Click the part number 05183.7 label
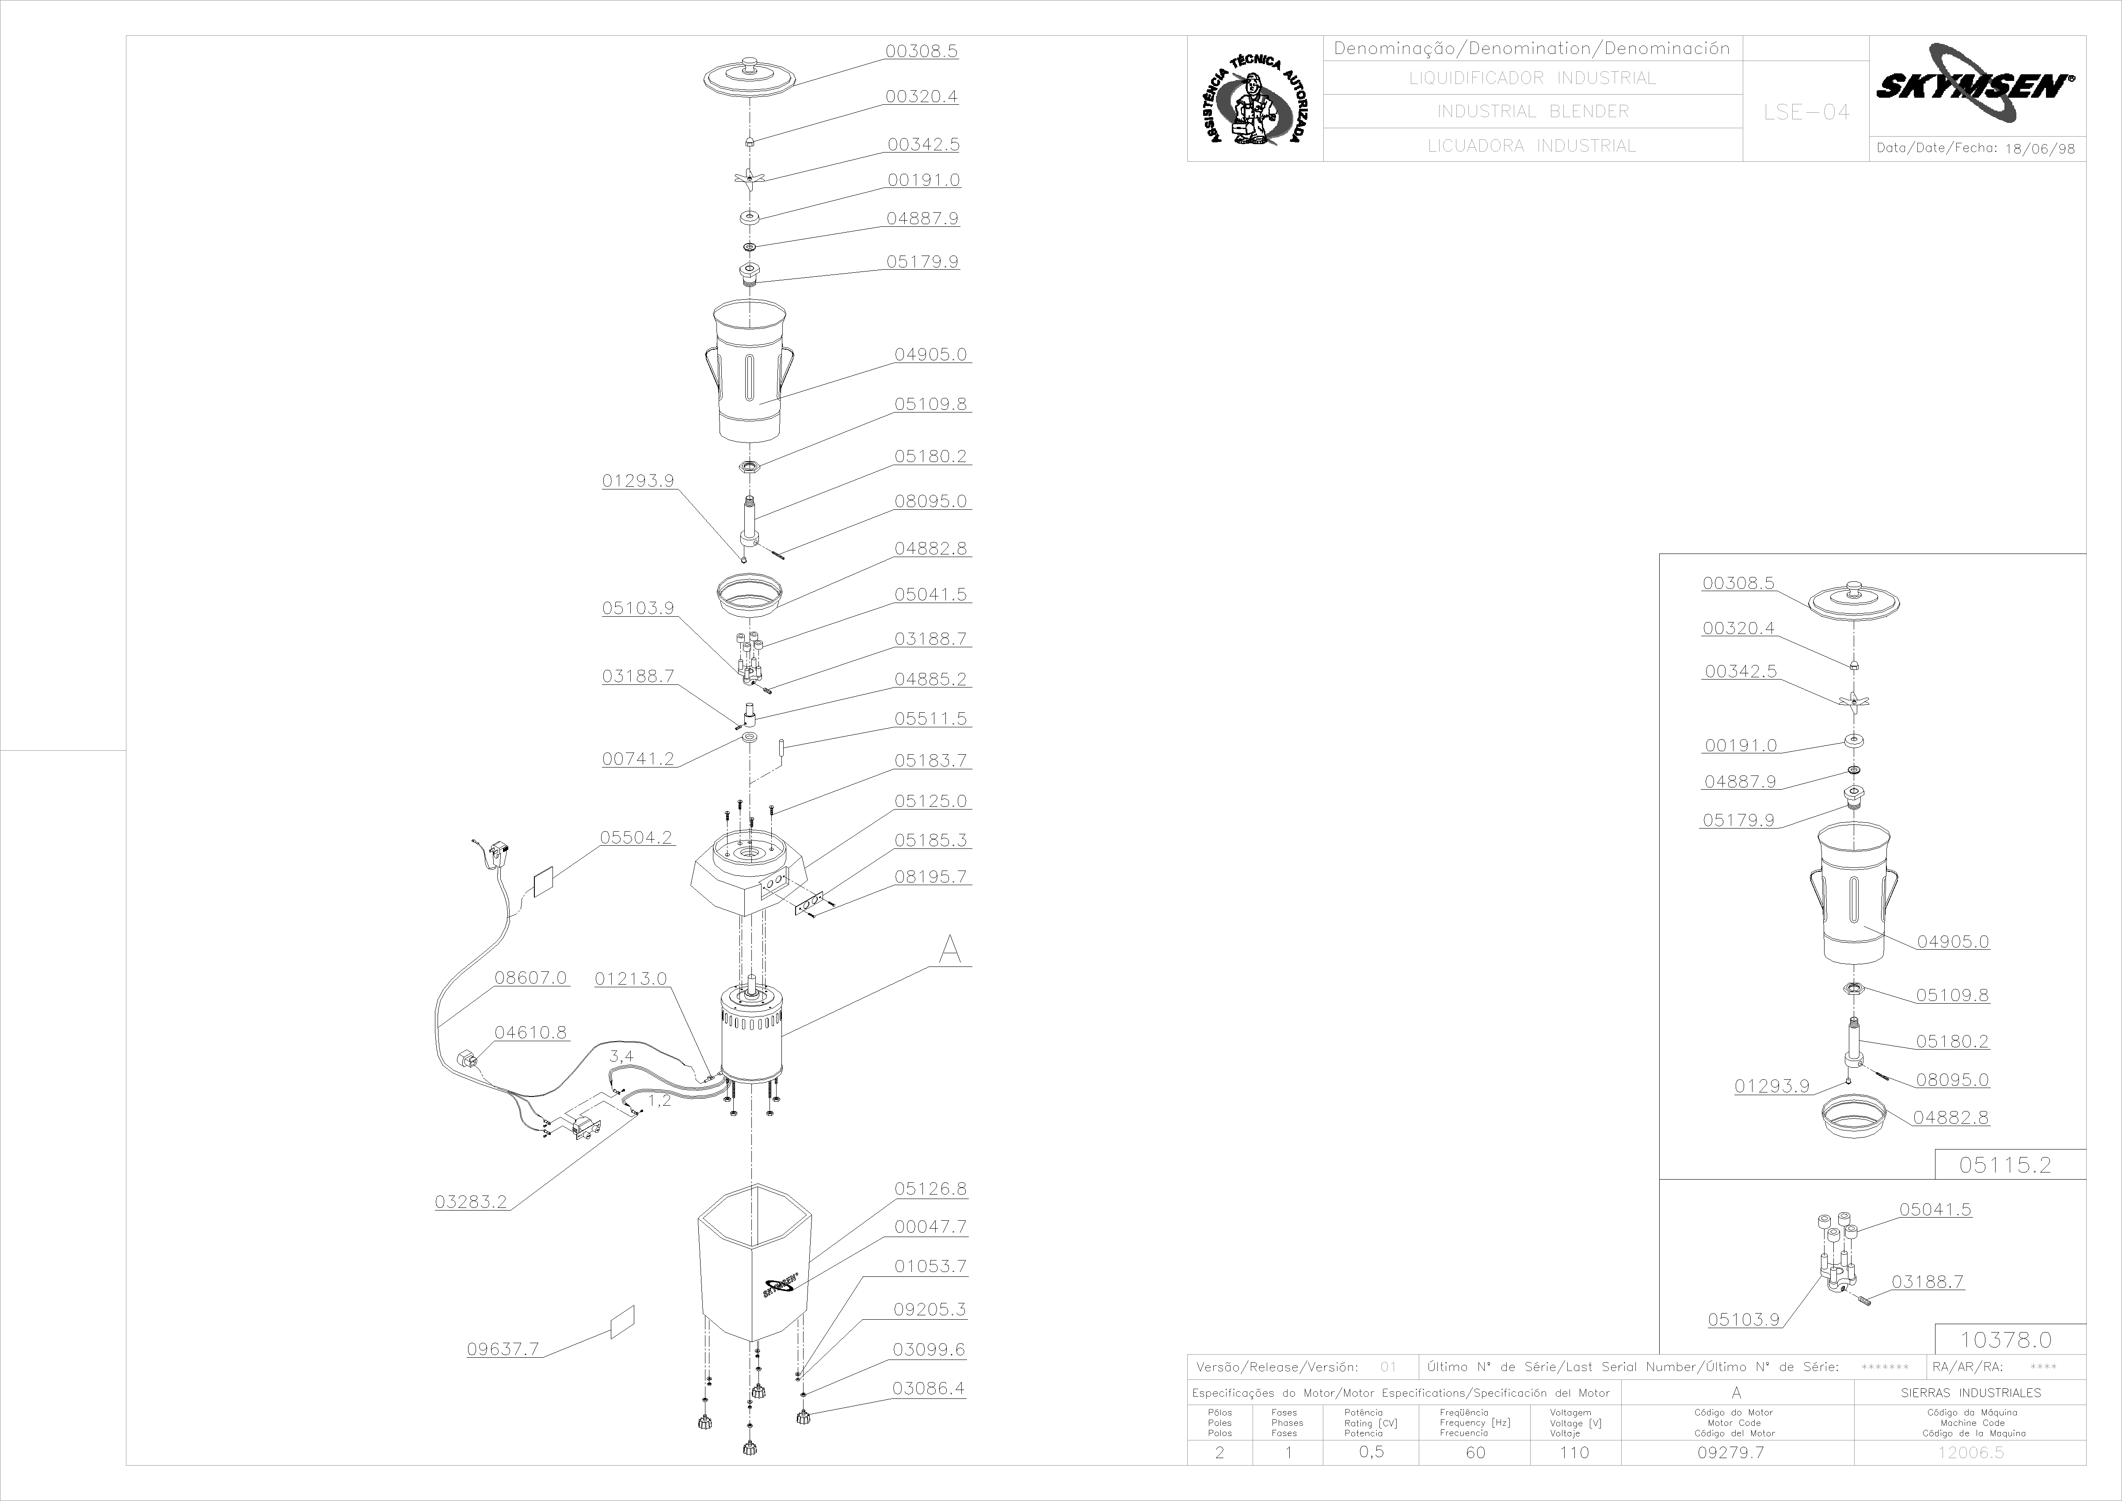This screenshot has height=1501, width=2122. [931, 760]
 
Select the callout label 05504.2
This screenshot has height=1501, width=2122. [637, 837]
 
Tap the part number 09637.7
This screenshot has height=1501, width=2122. [503, 1348]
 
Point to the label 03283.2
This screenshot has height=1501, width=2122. [471, 1202]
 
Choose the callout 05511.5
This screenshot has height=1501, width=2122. [931, 718]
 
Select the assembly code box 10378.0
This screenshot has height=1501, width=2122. [2006, 1339]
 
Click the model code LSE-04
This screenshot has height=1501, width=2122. [1806, 112]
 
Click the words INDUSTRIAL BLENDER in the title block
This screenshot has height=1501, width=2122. [1532, 111]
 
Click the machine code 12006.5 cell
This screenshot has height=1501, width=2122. [1970, 1452]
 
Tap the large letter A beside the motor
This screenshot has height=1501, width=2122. [950, 949]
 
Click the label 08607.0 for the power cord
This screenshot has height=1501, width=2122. [530, 977]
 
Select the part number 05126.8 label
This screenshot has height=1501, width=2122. [931, 1188]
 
